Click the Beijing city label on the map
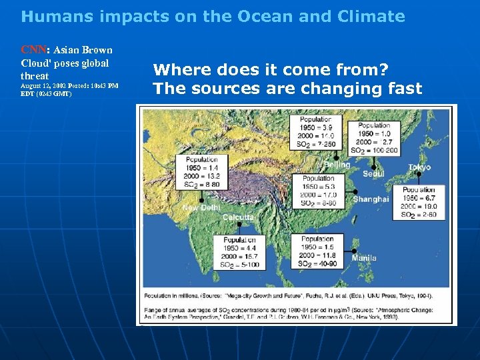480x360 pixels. (x=337, y=165)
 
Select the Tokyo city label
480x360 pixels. (x=419, y=167)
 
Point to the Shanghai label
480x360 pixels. (x=371, y=199)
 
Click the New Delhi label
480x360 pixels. (x=201, y=208)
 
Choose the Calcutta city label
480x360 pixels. (x=238, y=218)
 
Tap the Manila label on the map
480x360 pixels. (x=365, y=258)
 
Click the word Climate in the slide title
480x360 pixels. (x=373, y=16)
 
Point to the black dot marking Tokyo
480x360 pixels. (x=419, y=174)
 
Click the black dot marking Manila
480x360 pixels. (x=354, y=251)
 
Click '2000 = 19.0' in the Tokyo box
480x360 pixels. (x=419, y=206)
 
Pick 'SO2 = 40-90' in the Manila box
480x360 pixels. (x=317, y=264)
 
